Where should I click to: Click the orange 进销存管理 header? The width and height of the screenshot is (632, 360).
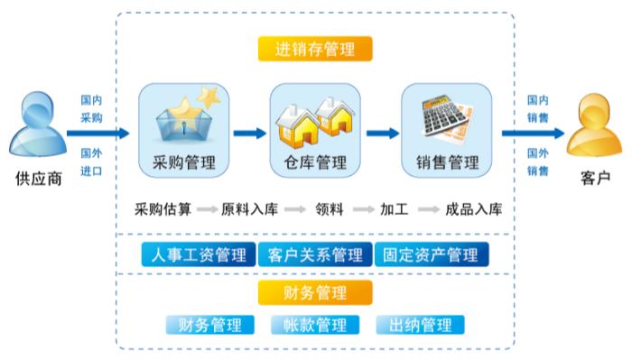314,48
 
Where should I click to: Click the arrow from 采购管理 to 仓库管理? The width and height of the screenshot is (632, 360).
249,133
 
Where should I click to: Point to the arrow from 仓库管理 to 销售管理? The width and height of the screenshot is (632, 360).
381,133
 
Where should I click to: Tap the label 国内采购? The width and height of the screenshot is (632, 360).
91,109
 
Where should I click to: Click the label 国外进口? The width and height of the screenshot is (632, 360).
91,162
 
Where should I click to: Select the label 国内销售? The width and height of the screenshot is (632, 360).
538,108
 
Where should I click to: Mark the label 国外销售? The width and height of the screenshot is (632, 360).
538,162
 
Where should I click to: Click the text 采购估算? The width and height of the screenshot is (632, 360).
163,209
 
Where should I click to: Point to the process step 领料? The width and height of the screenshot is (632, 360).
329,209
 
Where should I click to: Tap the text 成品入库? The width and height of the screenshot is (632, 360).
473,209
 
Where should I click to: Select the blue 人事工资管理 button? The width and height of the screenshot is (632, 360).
197,255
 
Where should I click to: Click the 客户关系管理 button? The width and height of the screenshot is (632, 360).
314,255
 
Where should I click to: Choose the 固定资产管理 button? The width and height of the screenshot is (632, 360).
431,255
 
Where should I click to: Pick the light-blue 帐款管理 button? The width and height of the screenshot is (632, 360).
314,325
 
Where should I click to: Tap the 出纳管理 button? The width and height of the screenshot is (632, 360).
420,325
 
